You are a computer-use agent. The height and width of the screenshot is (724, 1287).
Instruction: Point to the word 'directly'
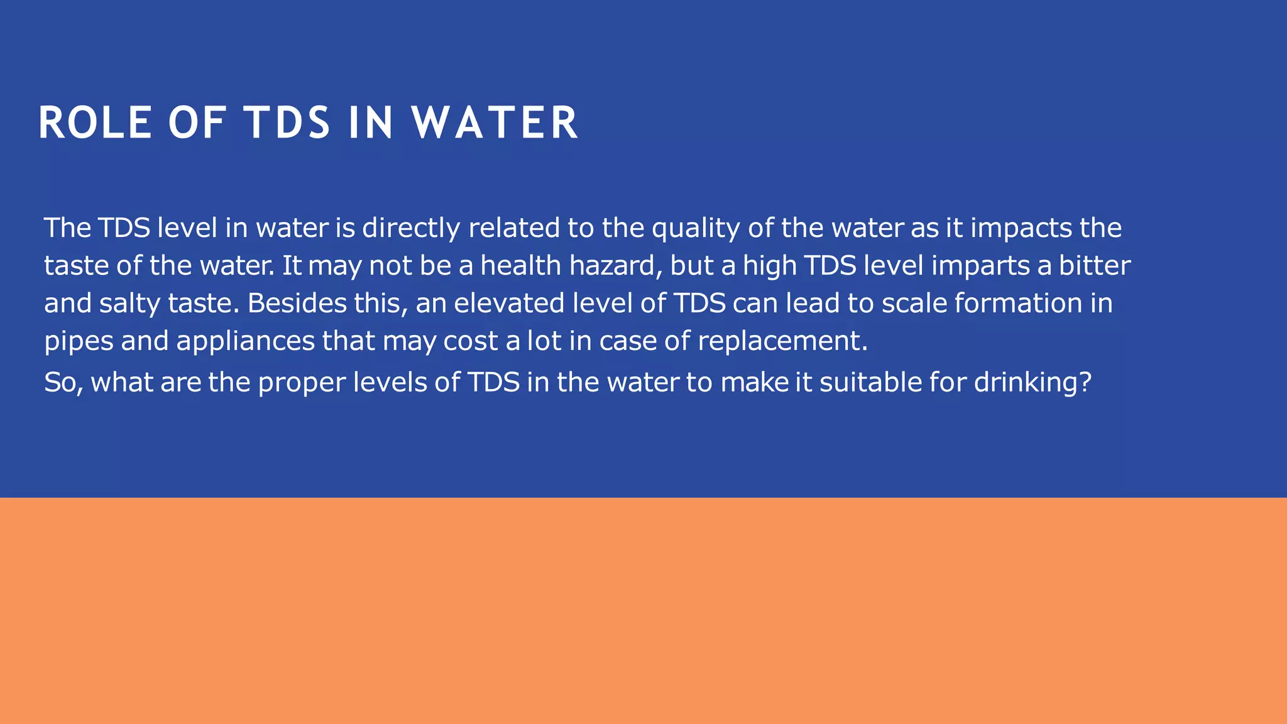tap(411, 228)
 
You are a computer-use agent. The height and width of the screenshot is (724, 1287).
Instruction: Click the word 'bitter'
tap(1095, 266)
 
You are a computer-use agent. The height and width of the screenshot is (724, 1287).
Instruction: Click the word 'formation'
tap(1015, 304)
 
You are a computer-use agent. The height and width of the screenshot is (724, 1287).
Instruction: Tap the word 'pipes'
tap(79, 341)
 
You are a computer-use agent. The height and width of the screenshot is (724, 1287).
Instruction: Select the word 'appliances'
tap(245, 341)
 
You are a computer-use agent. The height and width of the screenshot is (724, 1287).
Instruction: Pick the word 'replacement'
tap(782, 341)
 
